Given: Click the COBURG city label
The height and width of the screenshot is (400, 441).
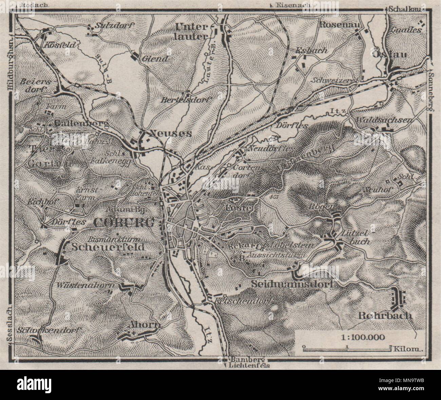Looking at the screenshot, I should point(124,223).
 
